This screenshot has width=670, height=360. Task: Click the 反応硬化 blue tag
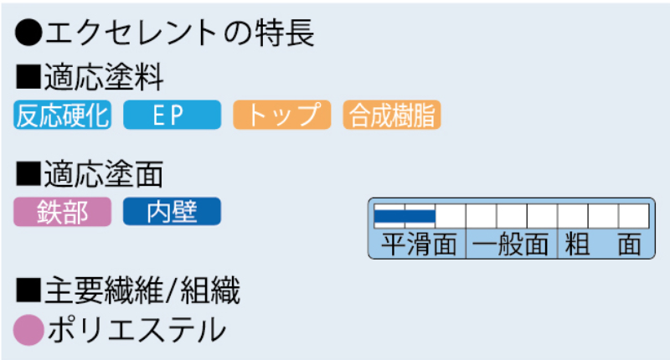point(63,116)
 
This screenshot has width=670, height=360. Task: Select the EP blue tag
point(172,116)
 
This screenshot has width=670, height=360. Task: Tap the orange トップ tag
point(284,116)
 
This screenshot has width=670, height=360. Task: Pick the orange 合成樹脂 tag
point(392,116)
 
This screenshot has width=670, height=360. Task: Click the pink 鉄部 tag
point(63,212)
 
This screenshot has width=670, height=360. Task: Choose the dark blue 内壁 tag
point(172,212)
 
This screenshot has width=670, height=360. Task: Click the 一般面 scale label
point(511,244)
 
